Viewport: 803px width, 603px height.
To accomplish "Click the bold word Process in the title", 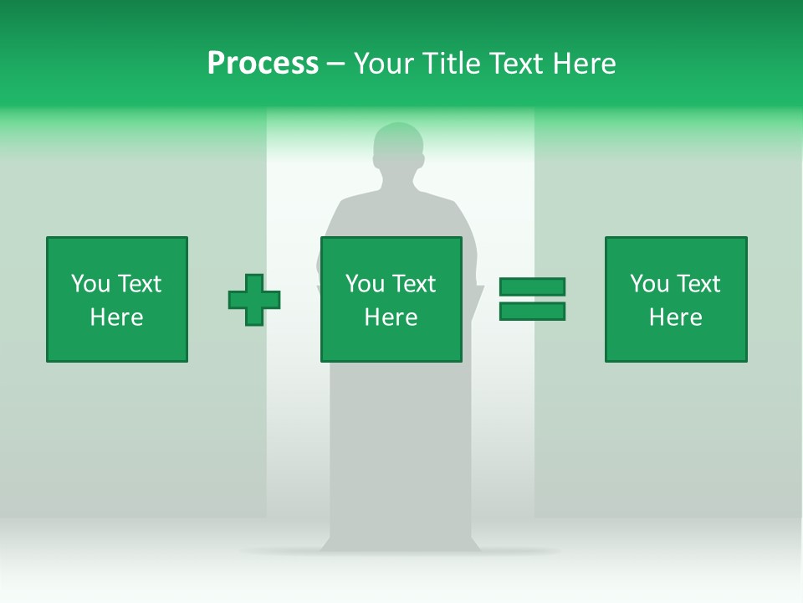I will (263, 64).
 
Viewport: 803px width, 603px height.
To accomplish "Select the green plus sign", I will (254, 300).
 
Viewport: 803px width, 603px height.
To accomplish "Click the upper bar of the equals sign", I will (532, 287).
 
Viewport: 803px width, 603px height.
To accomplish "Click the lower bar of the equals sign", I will (532, 312).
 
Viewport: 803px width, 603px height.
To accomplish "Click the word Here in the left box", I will (116, 317).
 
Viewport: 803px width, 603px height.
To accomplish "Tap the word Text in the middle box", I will (414, 284).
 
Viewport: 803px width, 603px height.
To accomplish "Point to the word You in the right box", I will (650, 284).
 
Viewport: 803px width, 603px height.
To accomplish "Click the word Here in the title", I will (583, 64).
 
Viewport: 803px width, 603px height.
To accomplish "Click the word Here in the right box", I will (675, 317).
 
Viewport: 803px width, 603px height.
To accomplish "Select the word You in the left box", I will (91, 284).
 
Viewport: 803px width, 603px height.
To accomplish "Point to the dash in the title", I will (335, 64).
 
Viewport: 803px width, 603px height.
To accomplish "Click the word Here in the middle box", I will (391, 317).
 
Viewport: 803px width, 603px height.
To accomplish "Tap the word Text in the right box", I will (698, 284).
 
